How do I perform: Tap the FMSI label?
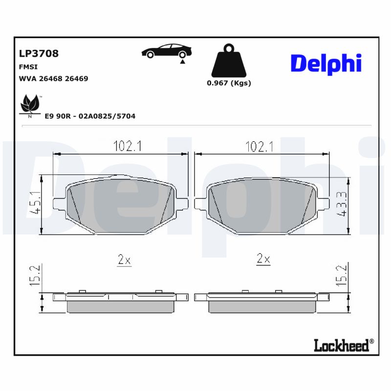click(x=28, y=67)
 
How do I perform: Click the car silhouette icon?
click(x=166, y=52)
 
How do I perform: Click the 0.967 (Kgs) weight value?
click(x=229, y=83)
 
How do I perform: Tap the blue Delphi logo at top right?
click(x=326, y=64)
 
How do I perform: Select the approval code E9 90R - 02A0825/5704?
click(x=90, y=116)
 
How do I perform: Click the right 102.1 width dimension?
click(x=259, y=146)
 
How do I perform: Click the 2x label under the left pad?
click(x=125, y=260)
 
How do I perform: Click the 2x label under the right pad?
click(x=263, y=260)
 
